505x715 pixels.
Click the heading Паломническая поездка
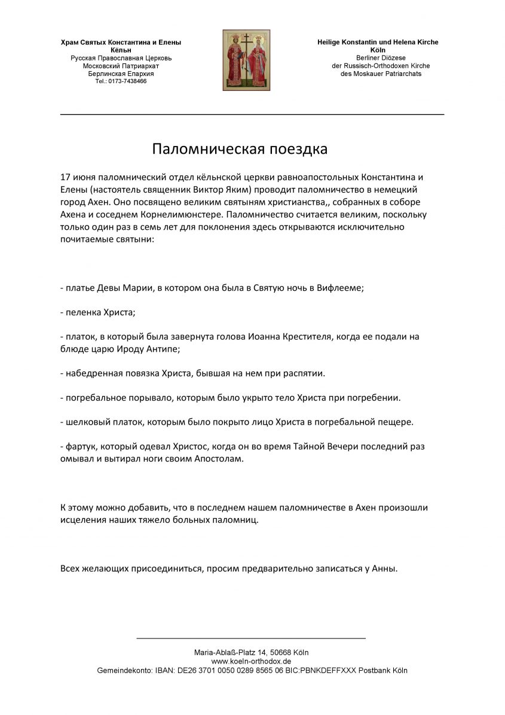[x=240, y=149]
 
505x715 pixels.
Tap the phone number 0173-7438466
[x=127, y=81]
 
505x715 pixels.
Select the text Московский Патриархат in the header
[x=121, y=66]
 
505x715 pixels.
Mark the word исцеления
[x=83, y=520]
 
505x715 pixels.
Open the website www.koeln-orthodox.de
[x=251, y=661]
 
